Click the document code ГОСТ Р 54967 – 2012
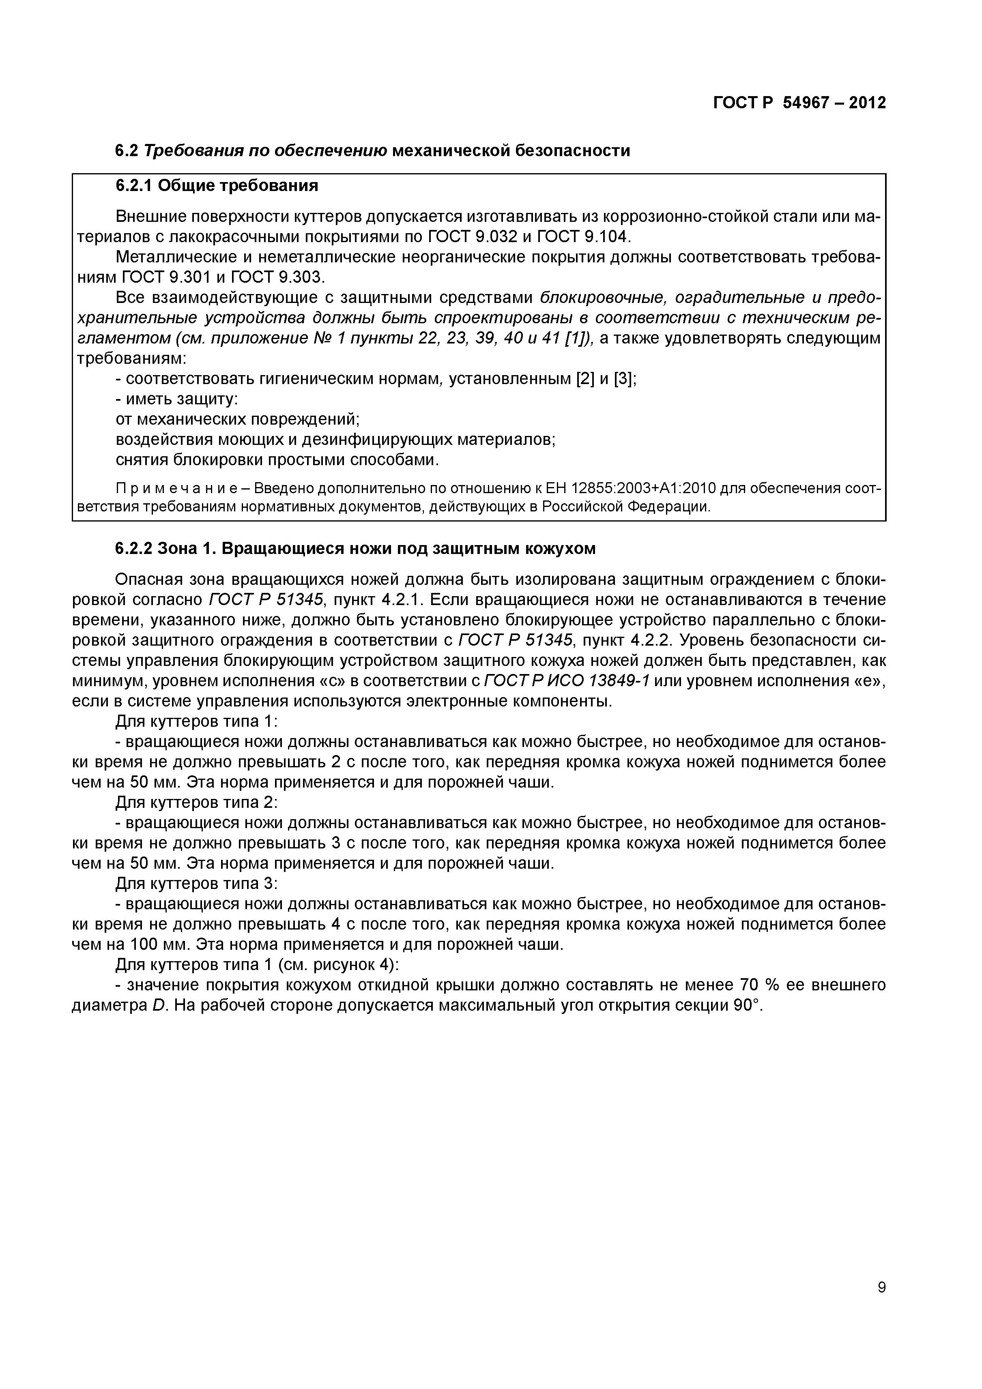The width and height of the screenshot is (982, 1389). click(x=799, y=103)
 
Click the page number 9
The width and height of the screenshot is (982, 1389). click(x=881, y=1304)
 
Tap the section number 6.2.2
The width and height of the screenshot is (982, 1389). click(x=134, y=549)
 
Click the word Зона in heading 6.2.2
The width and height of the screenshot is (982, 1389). click(x=177, y=549)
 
